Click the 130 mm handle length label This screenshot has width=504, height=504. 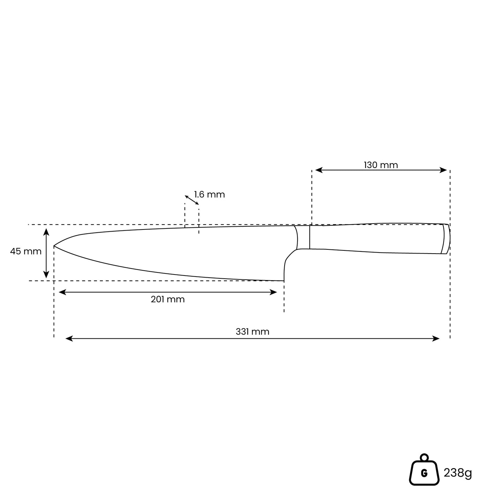tap(381, 165)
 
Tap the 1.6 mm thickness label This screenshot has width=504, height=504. tap(209, 195)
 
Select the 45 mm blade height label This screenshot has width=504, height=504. tap(26, 251)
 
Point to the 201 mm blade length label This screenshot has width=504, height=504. tap(168, 299)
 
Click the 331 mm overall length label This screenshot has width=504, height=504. tap(253, 332)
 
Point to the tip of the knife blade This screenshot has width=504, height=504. tap(54, 246)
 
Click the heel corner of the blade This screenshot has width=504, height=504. tap(284, 281)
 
